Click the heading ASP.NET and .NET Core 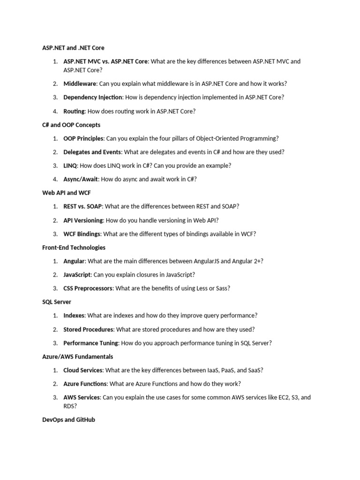coord(73,48)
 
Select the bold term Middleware coord(80,84)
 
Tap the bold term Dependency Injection coord(93,97)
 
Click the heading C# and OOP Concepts coord(71,125)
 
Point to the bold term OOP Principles coord(84,139)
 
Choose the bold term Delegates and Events coord(92,152)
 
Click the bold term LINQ coord(70,166)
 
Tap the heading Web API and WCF coord(67,193)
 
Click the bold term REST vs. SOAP coord(82,207)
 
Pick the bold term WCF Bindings coord(82,234)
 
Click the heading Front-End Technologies coord(74,247)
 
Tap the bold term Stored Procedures coord(89,330)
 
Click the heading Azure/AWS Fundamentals coord(77,357)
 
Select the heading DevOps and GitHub coord(68,420)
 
